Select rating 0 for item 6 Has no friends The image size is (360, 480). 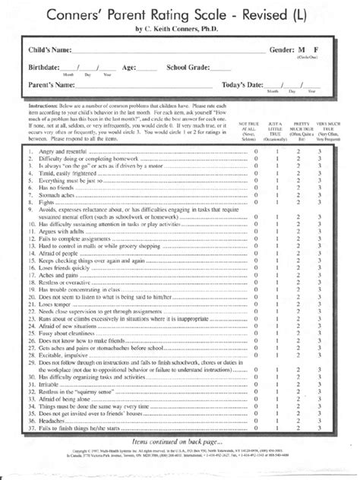click(x=256, y=187)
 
